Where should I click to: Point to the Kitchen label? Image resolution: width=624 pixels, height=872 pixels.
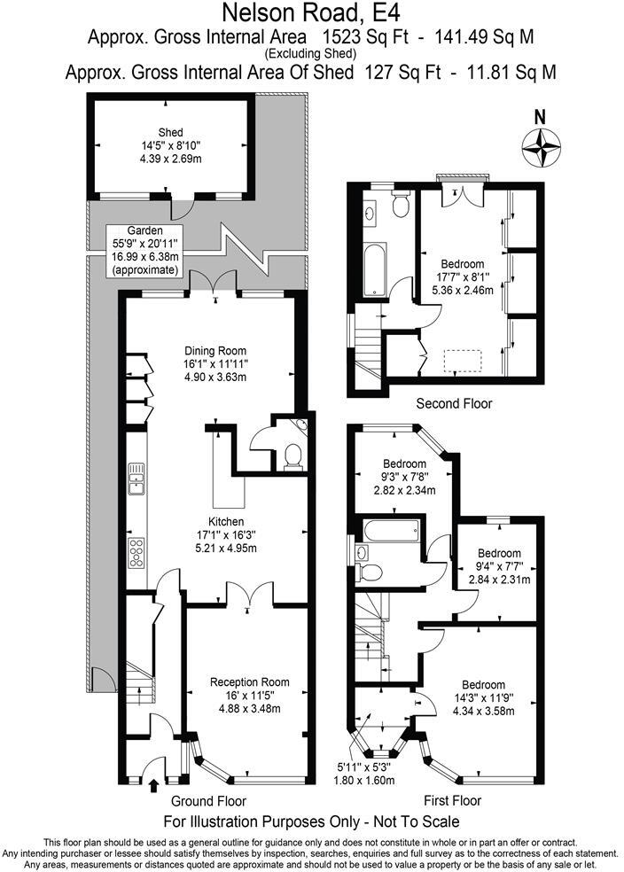[226, 521]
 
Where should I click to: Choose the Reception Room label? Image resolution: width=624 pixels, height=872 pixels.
[249, 681]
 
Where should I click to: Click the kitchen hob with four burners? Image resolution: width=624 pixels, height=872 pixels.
[137, 552]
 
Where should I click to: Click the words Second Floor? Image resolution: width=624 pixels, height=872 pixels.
[454, 404]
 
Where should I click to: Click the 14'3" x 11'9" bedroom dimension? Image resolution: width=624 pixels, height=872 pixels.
[484, 698]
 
